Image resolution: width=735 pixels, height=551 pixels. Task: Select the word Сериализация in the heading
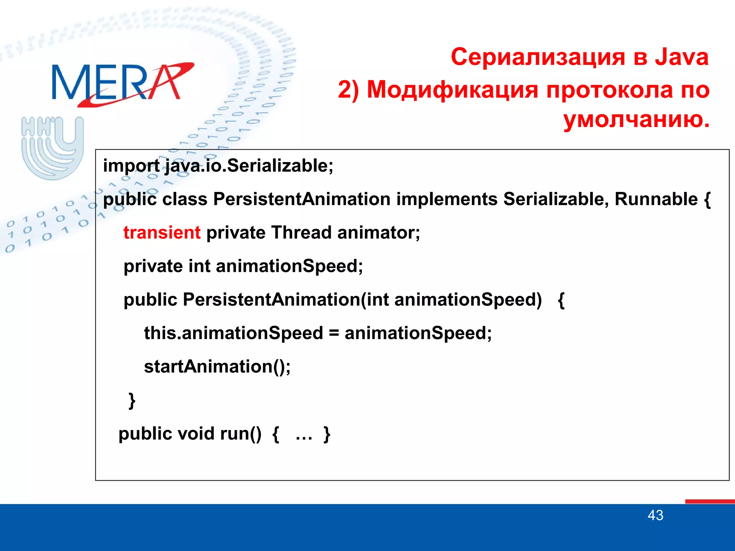538,57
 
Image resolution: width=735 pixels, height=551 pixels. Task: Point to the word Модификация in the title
453,90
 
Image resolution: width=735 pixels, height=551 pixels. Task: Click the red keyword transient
162,232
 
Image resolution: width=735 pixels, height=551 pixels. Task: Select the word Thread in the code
301,232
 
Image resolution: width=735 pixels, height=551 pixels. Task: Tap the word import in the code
131,166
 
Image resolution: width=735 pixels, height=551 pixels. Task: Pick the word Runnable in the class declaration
656,199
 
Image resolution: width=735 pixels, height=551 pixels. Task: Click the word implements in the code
447,199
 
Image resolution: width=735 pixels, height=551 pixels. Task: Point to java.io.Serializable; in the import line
249,166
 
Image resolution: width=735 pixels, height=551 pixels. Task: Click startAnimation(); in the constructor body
217,367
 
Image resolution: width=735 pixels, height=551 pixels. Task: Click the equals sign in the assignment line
334,333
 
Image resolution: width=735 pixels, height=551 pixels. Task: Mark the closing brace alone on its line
132,400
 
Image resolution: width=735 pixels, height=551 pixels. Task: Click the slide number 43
655,515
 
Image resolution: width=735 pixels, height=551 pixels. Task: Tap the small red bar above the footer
710,501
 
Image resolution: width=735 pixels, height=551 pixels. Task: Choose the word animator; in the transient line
379,232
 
